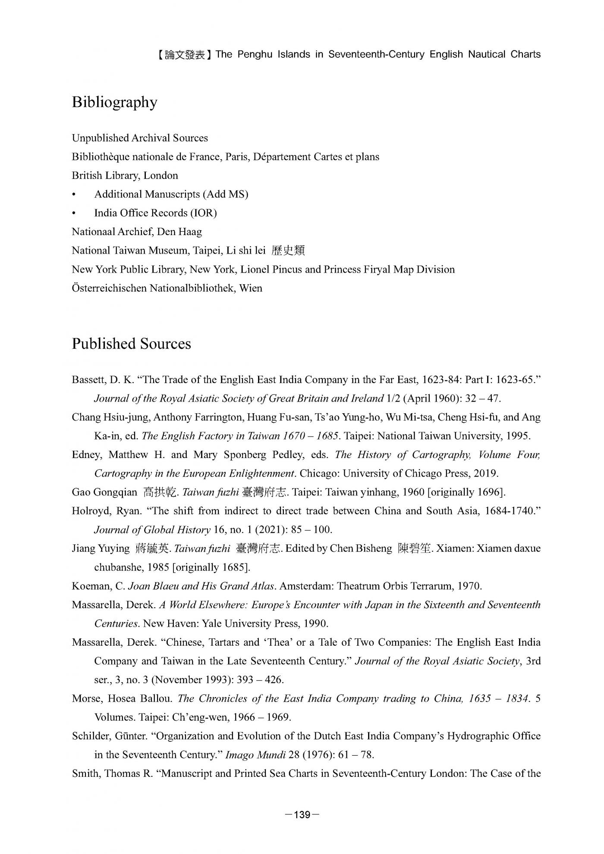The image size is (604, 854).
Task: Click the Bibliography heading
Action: (x=114, y=103)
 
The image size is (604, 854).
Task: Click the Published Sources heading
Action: (x=131, y=344)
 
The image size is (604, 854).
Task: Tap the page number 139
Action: (x=302, y=814)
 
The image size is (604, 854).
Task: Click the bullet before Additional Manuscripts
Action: (x=74, y=195)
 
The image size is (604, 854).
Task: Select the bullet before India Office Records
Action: (x=74, y=213)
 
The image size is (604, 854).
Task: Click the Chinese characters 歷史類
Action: (x=288, y=251)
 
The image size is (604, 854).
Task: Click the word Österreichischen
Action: (x=109, y=288)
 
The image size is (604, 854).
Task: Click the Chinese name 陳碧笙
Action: (x=415, y=549)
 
